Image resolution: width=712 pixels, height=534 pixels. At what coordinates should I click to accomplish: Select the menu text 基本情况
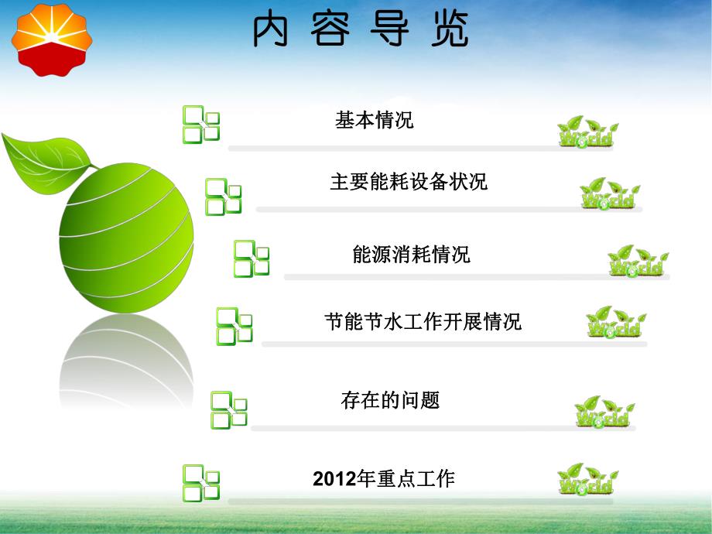click(x=375, y=120)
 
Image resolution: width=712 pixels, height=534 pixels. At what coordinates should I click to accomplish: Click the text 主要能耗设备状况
click(x=409, y=183)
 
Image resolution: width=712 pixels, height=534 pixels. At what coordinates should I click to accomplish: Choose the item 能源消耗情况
click(x=411, y=255)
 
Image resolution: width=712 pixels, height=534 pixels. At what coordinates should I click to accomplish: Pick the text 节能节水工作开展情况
click(x=423, y=322)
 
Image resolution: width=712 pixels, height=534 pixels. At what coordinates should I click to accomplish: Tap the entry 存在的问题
click(x=390, y=400)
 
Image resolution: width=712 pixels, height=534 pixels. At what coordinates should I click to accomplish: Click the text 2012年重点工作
click(x=384, y=478)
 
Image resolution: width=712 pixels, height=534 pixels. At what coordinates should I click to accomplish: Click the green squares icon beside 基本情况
click(x=201, y=125)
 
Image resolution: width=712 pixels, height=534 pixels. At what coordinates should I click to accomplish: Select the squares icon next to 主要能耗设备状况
click(x=223, y=197)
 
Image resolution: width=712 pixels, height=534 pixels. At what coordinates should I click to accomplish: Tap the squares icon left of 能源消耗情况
click(x=252, y=258)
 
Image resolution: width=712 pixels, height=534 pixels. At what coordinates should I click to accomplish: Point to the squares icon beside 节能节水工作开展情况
click(x=234, y=326)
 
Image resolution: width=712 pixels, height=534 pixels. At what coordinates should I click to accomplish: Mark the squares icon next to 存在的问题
click(x=229, y=410)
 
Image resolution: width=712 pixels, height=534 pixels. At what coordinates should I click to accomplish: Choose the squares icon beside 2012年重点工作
click(x=201, y=482)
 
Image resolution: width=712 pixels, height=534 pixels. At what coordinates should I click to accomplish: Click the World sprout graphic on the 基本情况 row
click(x=587, y=132)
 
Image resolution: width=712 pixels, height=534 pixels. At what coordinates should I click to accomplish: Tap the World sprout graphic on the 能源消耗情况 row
click(x=637, y=261)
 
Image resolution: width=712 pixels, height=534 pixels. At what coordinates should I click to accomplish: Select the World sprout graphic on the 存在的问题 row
click(x=604, y=412)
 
